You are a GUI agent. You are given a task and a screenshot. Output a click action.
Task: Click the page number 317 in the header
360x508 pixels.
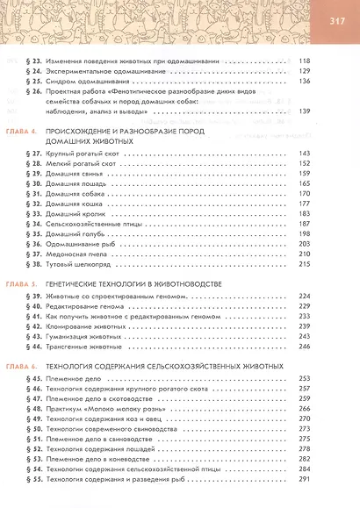(338, 22)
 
